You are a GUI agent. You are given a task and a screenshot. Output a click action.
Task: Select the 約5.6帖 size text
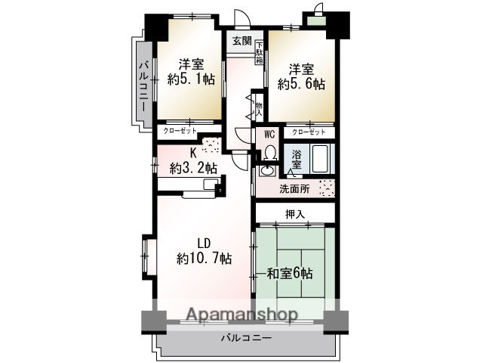pos(300,84)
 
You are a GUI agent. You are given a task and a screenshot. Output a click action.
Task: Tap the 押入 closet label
pos(295,215)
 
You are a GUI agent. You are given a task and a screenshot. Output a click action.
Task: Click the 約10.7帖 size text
pos(204,258)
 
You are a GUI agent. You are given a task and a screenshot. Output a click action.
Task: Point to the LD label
pos(203,244)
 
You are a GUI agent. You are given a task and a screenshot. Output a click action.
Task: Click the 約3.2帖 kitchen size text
pos(194,168)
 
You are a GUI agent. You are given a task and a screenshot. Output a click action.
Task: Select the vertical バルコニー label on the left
pos(143,86)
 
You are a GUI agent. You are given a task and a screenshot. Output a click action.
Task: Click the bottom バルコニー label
pos(246,338)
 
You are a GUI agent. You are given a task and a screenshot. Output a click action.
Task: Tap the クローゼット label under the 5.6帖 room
pos(309,131)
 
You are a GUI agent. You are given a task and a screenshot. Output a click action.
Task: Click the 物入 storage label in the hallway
pos(258,108)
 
